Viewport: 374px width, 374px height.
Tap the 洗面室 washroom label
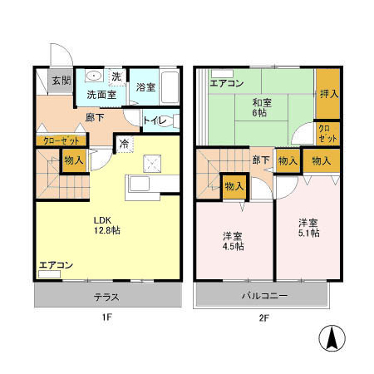tap(101, 95)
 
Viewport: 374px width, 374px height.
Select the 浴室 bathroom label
tap(146, 87)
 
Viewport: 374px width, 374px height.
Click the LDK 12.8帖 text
tap(106, 225)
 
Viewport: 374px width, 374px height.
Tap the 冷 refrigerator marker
tap(123, 143)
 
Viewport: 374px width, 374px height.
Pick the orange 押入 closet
tap(328, 94)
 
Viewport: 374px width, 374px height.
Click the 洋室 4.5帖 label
tap(233, 240)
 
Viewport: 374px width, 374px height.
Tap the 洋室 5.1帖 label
tap(309, 227)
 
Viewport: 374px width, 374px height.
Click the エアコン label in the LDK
tap(56, 265)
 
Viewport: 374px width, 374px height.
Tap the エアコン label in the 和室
tap(226, 83)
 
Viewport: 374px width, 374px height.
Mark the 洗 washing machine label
tap(116, 76)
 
